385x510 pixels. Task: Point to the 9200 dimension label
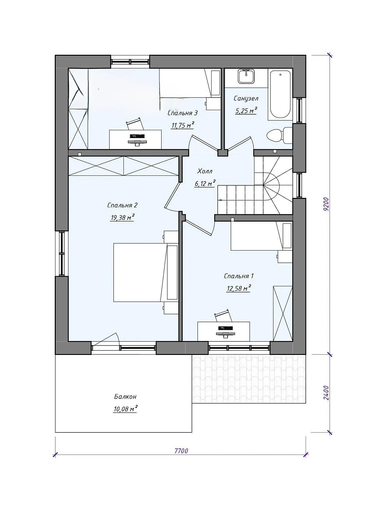point(327,204)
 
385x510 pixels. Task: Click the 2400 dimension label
point(327,393)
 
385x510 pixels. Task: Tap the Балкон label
point(125,397)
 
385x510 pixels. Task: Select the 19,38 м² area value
point(122,218)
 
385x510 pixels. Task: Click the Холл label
point(205,171)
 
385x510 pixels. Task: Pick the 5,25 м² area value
point(246,111)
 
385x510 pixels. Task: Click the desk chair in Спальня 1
point(223,315)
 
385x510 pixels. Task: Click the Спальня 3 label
point(182,113)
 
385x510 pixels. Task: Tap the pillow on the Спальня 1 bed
point(287,236)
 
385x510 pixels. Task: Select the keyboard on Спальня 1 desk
point(225,328)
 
